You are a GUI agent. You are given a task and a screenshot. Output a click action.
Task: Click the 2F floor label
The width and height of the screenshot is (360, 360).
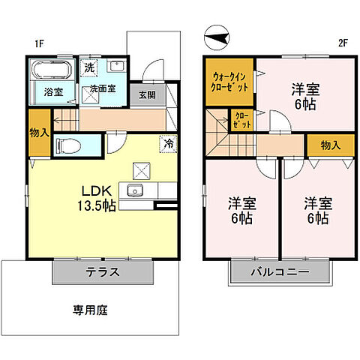click(343, 43)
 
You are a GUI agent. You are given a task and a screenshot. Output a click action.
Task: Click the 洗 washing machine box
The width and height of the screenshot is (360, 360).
click(89, 67)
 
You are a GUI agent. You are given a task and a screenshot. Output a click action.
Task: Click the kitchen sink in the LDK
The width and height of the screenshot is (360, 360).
click(136, 190)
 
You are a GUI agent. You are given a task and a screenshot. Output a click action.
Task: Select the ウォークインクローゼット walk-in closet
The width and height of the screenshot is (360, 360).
click(229, 80)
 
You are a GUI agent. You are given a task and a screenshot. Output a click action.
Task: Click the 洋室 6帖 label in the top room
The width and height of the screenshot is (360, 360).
click(305, 96)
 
